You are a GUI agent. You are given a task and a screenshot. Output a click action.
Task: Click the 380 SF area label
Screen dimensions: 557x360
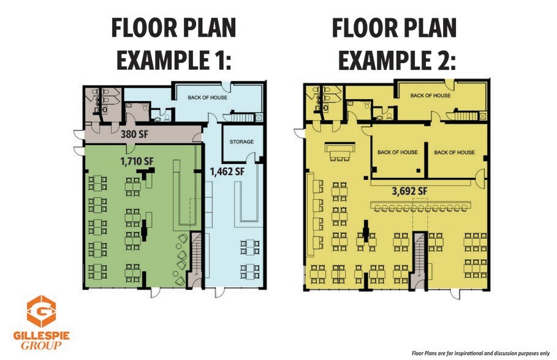click(134, 134)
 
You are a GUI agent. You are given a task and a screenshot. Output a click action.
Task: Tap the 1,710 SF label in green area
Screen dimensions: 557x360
click(137, 161)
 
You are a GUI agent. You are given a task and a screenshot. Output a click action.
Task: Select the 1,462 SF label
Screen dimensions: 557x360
click(227, 172)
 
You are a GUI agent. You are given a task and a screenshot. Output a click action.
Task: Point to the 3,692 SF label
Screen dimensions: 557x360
click(409, 192)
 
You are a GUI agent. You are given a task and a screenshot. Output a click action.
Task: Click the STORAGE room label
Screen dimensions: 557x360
click(241, 141)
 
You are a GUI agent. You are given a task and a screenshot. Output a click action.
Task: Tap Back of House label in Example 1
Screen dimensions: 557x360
click(208, 97)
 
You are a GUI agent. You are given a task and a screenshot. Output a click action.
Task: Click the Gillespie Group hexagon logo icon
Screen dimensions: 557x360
click(41, 312)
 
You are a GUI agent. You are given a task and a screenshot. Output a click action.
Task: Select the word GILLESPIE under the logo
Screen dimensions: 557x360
click(41, 336)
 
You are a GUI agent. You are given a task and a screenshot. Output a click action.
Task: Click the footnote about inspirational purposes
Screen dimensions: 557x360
click(480, 353)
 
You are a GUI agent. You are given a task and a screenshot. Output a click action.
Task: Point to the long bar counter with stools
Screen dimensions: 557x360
click(420, 206)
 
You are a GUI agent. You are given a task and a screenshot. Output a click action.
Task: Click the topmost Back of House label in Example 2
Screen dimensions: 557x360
click(431, 96)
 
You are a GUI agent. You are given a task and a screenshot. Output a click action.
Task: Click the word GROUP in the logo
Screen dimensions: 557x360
click(41, 346)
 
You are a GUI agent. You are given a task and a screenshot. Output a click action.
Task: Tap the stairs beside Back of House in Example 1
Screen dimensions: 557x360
click(243, 117)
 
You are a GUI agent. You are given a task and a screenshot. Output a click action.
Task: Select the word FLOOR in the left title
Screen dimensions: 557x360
click(142, 28)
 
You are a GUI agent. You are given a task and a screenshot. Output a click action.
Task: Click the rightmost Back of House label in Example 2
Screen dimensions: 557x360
click(454, 152)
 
